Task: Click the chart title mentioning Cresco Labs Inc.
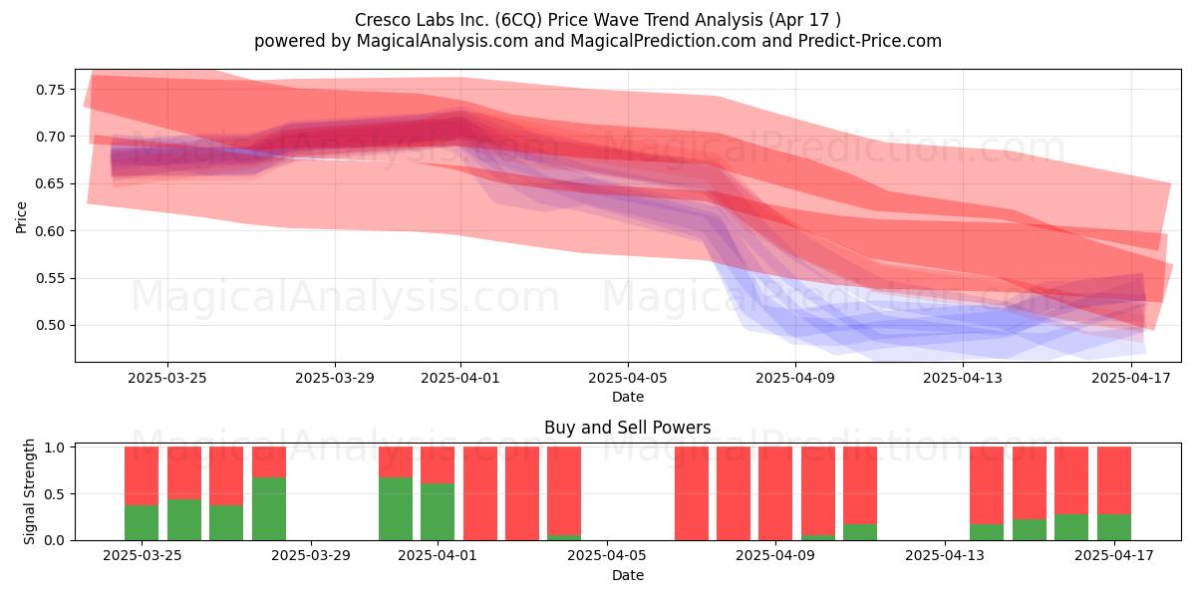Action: (597, 20)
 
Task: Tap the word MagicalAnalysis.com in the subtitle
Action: (443, 41)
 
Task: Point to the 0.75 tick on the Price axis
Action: (50, 90)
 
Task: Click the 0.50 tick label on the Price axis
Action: (50, 325)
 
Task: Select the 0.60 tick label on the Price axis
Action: (50, 231)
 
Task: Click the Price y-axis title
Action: (21, 217)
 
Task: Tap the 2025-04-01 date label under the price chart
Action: (460, 378)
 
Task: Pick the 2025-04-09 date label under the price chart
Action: (795, 378)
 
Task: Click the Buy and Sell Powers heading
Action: (627, 428)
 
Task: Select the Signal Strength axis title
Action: (29, 491)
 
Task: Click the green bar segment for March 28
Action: (269, 509)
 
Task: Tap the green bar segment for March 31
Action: (396, 509)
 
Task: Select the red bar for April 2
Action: (480, 493)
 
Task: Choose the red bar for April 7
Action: (692, 493)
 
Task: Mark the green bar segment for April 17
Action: (1114, 527)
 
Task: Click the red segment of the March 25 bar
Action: (142, 476)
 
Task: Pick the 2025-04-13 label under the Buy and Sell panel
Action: (945, 555)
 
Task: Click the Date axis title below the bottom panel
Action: (627, 575)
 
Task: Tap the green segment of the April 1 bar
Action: (438, 512)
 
